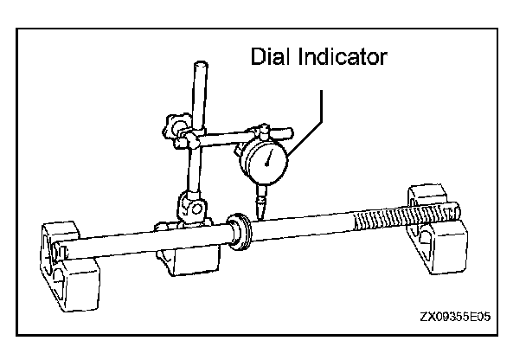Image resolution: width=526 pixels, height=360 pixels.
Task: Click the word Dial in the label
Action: click(270, 57)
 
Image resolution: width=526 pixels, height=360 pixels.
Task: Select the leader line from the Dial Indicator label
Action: click(322, 112)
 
